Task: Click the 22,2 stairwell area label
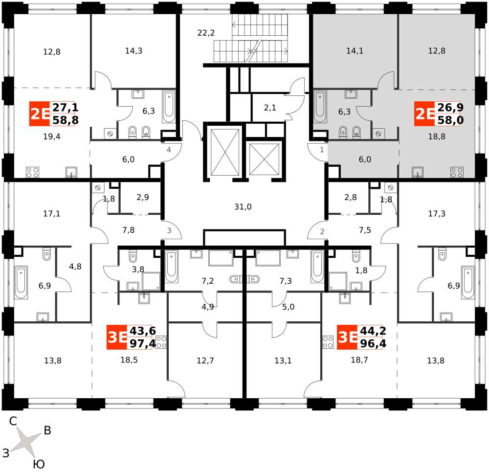click(206, 33)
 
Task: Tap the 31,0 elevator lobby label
click(243, 206)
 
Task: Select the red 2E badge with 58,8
click(39, 113)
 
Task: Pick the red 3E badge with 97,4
click(117, 337)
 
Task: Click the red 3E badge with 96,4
click(347, 337)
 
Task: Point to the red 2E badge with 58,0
click(424, 113)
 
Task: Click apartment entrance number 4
click(169, 150)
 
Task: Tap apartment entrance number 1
click(322, 150)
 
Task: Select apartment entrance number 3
click(169, 230)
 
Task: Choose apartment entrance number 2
click(322, 231)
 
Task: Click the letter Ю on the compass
click(39, 464)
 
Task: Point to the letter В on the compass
click(47, 430)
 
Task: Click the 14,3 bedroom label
click(133, 50)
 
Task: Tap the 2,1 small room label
click(270, 108)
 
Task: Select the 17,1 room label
click(51, 214)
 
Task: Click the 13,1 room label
click(283, 361)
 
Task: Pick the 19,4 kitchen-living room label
click(51, 136)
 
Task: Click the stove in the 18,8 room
click(457, 172)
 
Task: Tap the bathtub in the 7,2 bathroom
click(171, 266)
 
